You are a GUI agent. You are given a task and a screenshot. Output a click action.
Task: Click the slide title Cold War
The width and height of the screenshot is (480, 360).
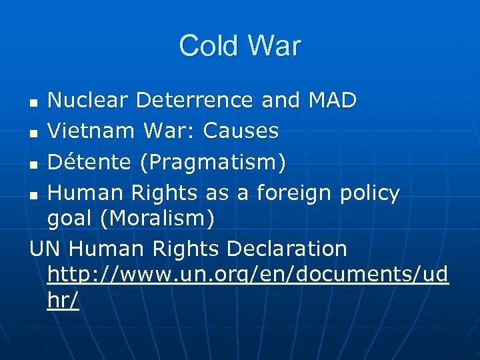pos(240,46)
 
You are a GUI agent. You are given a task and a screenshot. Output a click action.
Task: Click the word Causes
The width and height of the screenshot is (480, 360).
pos(241,131)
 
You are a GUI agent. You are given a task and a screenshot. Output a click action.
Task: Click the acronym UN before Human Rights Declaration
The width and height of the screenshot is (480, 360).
pos(45,249)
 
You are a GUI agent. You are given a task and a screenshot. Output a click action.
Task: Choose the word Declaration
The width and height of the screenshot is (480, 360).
pos(287,249)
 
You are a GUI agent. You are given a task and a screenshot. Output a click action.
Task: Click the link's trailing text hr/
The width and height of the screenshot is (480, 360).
pos(63,300)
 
